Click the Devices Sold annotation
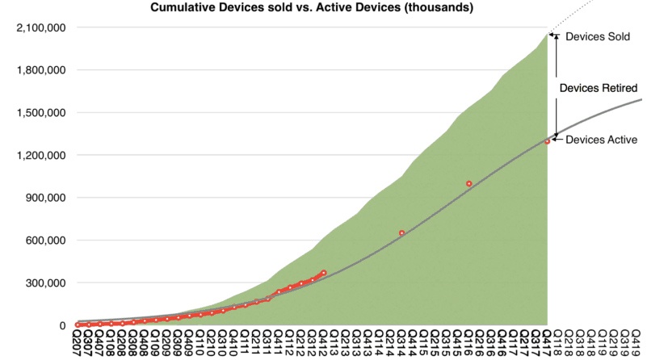point(597,37)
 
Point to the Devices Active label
point(602,140)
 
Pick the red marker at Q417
point(547,141)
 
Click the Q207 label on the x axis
point(78,344)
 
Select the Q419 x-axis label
point(635,344)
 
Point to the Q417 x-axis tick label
point(546,344)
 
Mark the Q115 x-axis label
point(423,344)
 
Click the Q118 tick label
point(557,344)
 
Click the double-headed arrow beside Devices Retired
point(555,86)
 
